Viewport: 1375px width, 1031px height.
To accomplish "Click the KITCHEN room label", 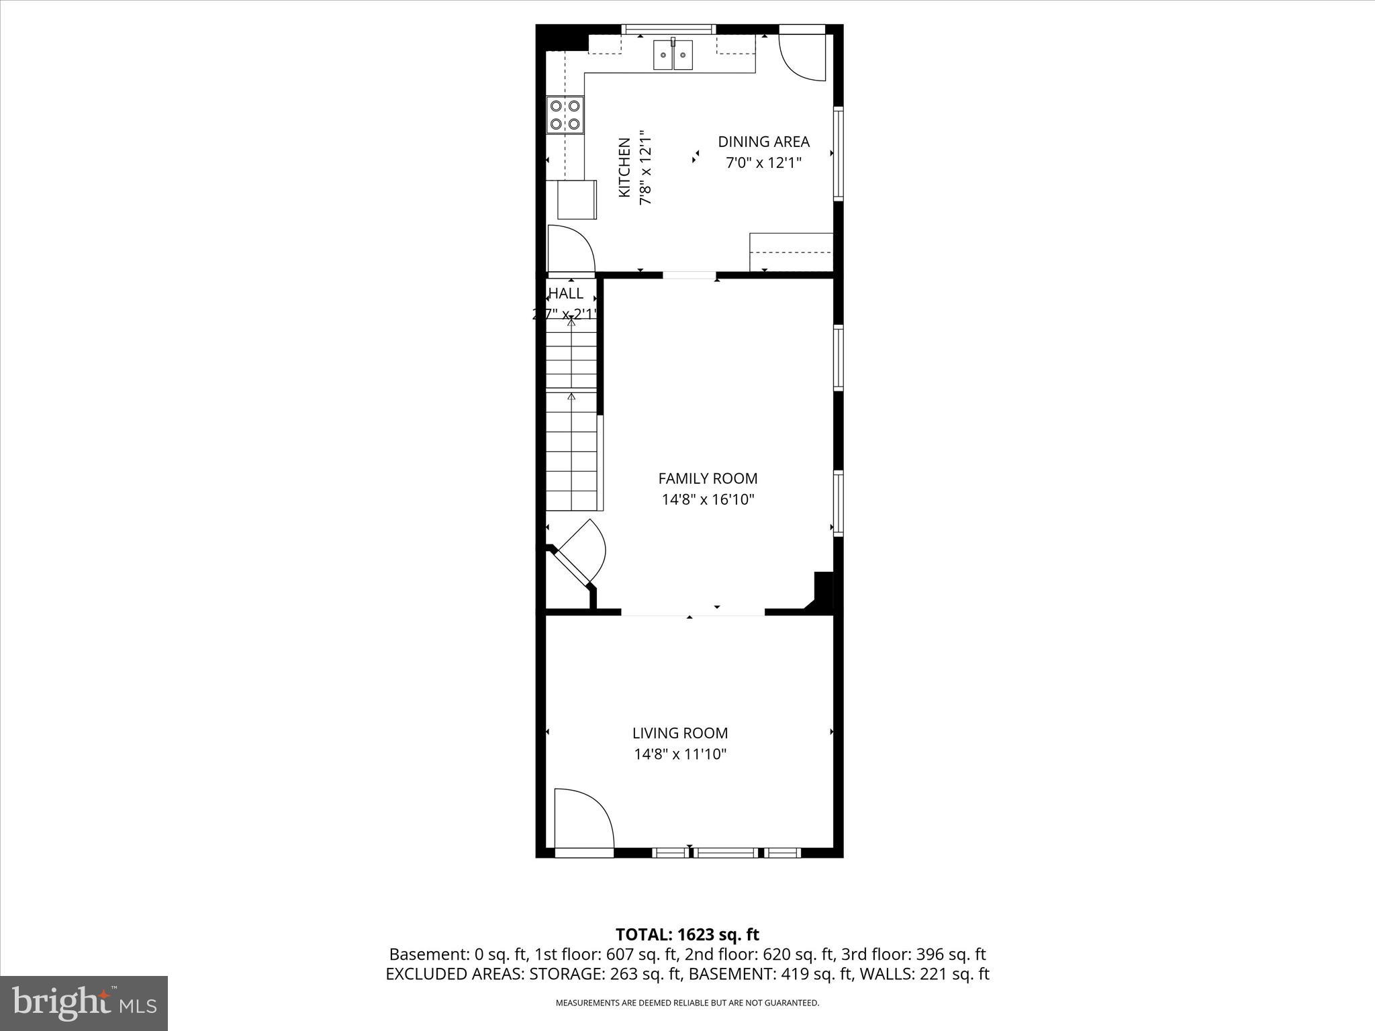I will click(624, 168).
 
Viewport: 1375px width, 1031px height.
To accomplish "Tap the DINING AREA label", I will click(763, 142).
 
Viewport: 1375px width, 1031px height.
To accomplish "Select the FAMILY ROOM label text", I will click(708, 479).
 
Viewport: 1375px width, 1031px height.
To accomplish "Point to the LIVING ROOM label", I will click(679, 733).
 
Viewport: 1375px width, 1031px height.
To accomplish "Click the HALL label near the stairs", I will click(566, 293).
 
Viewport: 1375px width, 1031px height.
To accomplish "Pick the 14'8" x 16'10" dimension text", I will click(708, 499).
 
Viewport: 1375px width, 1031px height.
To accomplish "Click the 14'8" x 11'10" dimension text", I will click(680, 754).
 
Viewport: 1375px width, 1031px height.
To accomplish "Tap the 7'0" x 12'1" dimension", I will click(763, 162).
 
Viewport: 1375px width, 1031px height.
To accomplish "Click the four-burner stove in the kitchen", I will click(565, 115).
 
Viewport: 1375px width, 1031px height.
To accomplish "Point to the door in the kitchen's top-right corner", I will click(802, 56).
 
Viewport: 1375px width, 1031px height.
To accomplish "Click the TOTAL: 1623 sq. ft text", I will click(687, 934).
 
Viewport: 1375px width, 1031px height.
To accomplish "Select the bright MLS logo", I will click(84, 1003).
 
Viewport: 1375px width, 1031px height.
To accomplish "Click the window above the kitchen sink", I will click(668, 30).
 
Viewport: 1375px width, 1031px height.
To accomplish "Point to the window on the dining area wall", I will click(838, 153).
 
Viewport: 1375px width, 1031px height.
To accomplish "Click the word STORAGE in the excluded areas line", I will click(561, 974).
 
